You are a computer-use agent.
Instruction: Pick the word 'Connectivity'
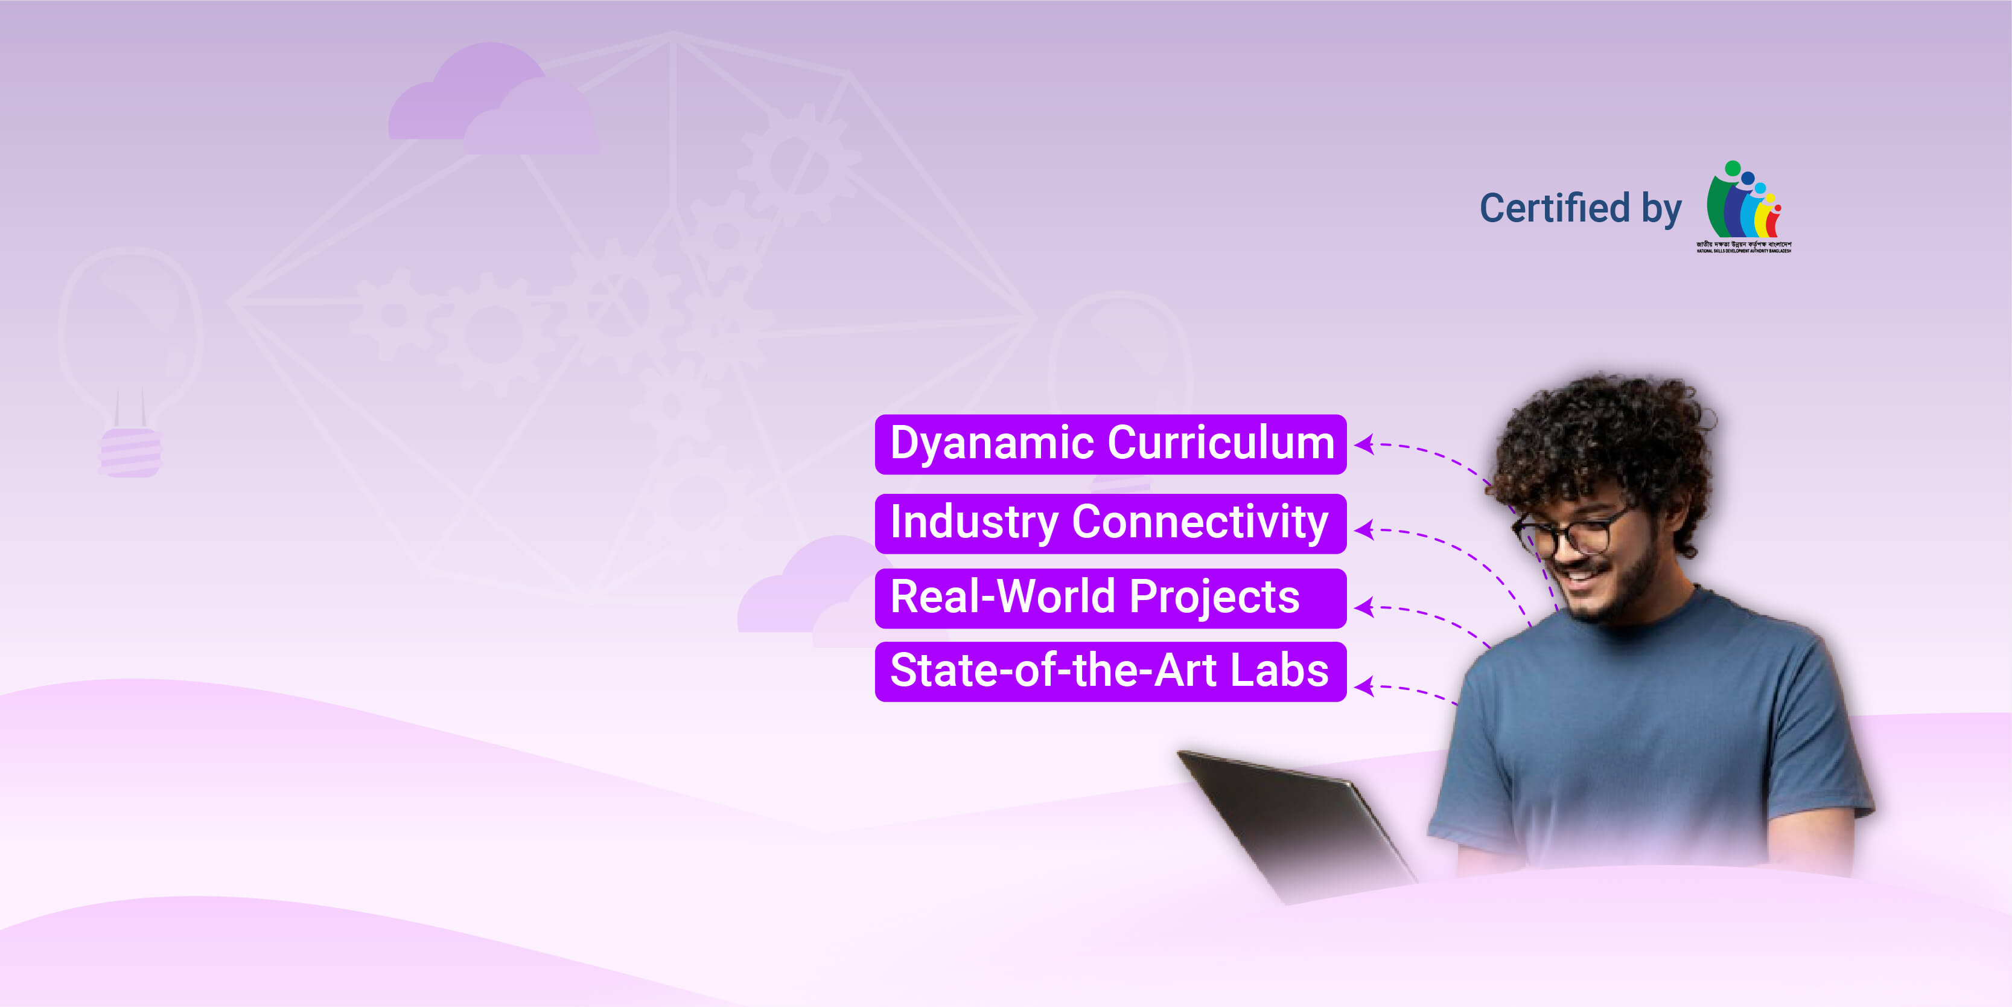pos(1200,523)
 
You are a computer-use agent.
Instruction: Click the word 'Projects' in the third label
pos(1215,598)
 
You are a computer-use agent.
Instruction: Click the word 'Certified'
pos(1555,209)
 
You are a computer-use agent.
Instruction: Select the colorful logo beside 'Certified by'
pos(1743,205)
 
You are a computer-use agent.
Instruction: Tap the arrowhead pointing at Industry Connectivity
pos(1364,529)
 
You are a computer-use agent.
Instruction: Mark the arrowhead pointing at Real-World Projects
pos(1364,607)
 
